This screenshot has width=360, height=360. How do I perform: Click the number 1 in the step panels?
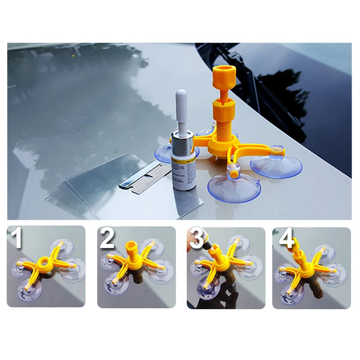pos(18,239)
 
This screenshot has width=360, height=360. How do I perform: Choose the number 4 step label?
pos(286,238)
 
